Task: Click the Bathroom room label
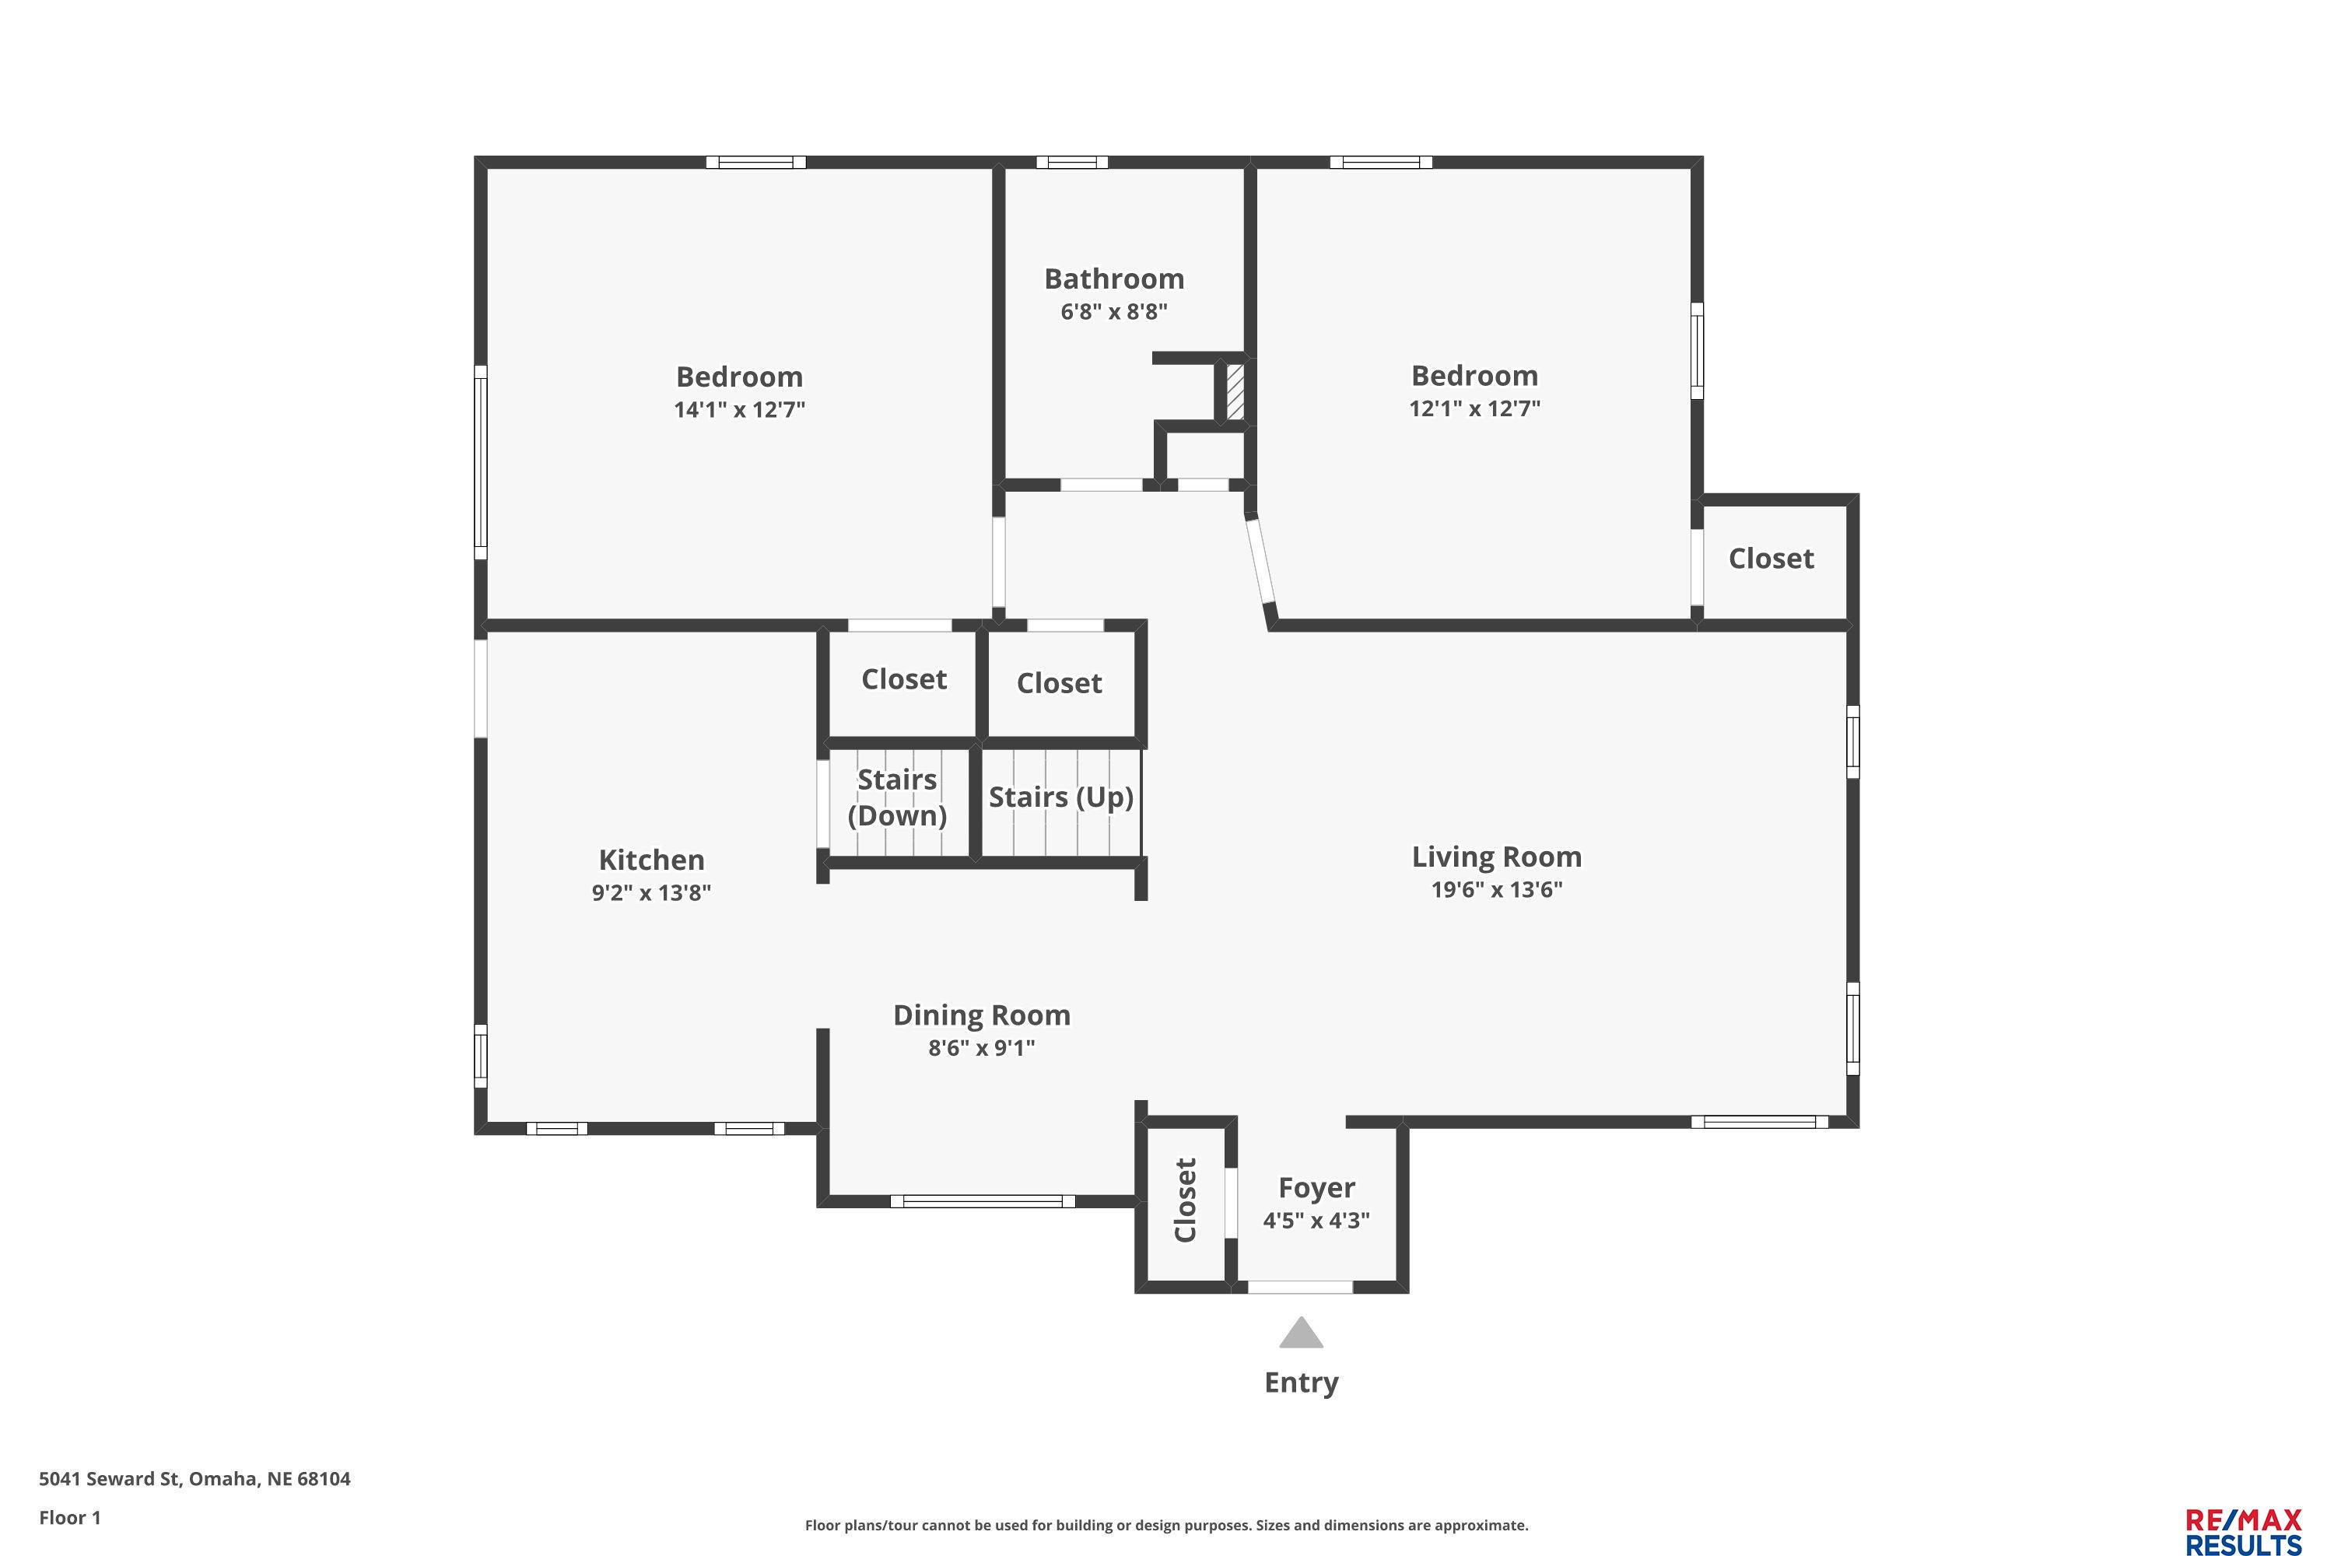pyautogui.click(x=1113, y=279)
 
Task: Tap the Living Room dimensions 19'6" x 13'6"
pyautogui.click(x=1496, y=889)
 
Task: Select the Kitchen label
pyautogui.click(x=651, y=860)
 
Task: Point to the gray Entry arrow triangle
pyautogui.click(x=1301, y=1332)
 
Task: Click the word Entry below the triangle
pyautogui.click(x=1301, y=1383)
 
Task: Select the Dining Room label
pyautogui.click(x=981, y=1015)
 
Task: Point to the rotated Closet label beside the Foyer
pyautogui.click(x=1186, y=1200)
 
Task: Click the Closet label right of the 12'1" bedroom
pyautogui.click(x=1772, y=559)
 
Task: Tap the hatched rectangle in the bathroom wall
pyautogui.click(x=1235, y=392)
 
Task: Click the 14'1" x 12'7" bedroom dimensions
pyautogui.click(x=739, y=410)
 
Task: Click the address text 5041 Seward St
pyautogui.click(x=109, y=1479)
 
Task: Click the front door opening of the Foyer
pyautogui.click(x=1300, y=1287)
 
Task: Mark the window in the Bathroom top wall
pyautogui.click(x=1072, y=163)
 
